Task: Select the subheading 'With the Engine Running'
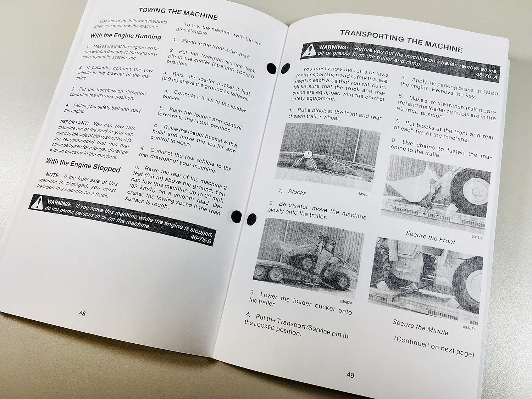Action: [126, 36]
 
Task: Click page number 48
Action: [82, 314]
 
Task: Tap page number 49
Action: [350, 375]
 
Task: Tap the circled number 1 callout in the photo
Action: [307, 155]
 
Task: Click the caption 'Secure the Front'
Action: [430, 237]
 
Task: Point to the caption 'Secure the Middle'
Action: [420, 327]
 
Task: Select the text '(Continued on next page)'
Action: [434, 346]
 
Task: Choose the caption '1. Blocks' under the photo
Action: [293, 192]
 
